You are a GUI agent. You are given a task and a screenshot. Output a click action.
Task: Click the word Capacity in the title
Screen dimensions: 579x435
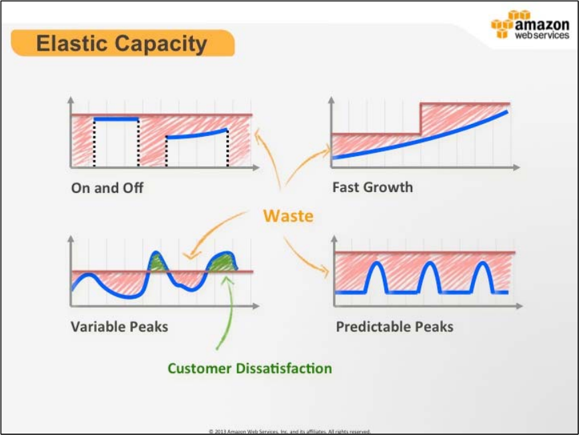tap(161, 44)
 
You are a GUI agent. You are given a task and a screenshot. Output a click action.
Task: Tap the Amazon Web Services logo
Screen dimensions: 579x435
tap(530, 25)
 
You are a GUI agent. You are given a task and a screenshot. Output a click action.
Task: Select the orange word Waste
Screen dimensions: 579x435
tap(288, 215)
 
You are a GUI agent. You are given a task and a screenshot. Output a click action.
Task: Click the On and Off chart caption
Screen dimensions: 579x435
tap(107, 188)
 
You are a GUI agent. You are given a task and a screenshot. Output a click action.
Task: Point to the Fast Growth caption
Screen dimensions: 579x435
tap(373, 187)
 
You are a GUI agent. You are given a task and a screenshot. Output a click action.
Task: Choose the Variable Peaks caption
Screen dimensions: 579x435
tap(119, 327)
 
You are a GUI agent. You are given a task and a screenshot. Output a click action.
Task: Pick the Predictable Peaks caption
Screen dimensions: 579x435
tap(395, 327)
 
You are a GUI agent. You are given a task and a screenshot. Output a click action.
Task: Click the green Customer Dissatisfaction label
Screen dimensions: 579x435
tap(249, 368)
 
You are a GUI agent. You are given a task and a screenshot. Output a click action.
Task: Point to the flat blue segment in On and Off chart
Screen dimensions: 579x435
tap(116, 119)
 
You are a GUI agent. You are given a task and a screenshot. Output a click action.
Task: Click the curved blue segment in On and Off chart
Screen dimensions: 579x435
tap(197, 134)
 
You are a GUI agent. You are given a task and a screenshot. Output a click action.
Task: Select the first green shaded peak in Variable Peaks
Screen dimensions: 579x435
tap(157, 262)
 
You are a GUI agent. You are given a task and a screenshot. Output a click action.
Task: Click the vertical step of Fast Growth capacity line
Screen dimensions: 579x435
tap(421, 119)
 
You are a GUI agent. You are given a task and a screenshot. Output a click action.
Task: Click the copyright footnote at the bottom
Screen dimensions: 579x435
tap(289, 431)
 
